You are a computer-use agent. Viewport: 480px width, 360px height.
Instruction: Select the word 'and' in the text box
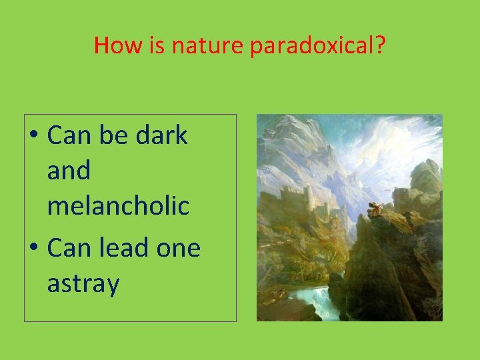(x=69, y=171)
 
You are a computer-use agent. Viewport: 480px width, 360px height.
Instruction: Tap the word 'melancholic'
(x=118, y=206)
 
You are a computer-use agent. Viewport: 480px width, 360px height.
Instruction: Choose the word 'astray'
(x=83, y=284)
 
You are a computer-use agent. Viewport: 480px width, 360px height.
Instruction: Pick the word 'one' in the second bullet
(x=179, y=248)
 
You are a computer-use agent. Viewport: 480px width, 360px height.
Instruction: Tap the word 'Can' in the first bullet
(x=70, y=135)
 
